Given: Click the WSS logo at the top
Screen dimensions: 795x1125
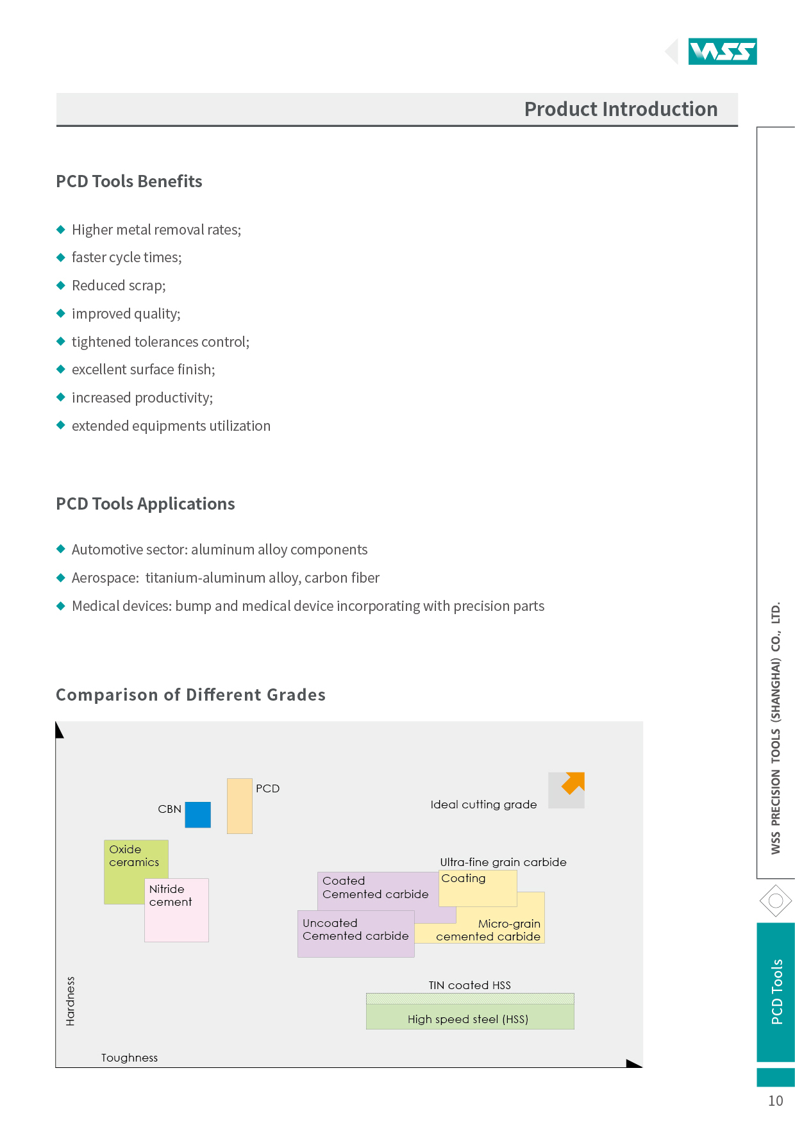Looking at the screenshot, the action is [723, 51].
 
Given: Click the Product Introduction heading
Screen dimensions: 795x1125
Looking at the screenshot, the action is [621, 109].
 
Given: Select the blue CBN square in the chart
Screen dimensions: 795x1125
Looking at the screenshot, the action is [198, 815].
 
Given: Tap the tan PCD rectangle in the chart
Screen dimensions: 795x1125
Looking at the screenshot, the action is [240, 806].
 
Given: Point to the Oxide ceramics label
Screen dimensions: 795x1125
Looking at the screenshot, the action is [134, 856].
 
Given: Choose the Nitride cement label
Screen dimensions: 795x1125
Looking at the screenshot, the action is [171, 896].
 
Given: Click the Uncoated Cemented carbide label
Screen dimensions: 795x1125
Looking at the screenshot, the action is [355, 929].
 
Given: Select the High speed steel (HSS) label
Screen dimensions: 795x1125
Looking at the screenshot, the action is [468, 1019].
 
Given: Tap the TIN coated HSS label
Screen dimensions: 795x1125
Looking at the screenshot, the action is [470, 985].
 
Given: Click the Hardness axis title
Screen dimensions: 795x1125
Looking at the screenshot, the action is [71, 1001].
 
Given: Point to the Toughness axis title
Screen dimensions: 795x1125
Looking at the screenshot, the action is [130, 1058].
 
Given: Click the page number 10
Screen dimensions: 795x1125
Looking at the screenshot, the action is [776, 1101].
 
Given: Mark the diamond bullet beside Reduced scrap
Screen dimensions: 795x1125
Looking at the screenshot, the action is [61, 285].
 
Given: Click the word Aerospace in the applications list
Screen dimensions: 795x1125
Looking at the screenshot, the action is [104, 578].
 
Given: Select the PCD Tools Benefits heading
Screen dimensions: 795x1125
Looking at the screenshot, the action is [129, 181].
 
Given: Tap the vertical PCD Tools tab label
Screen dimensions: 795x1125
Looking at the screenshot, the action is [777, 992].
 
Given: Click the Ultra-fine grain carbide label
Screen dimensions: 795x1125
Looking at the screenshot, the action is [503, 862].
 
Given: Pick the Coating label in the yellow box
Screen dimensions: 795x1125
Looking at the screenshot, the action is [464, 879].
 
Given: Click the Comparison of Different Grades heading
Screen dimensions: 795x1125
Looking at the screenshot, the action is [190, 695].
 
